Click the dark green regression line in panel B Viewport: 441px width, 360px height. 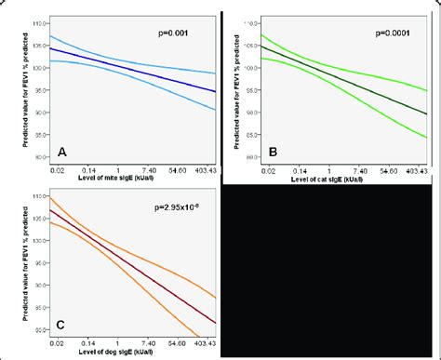click(x=344, y=82)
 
